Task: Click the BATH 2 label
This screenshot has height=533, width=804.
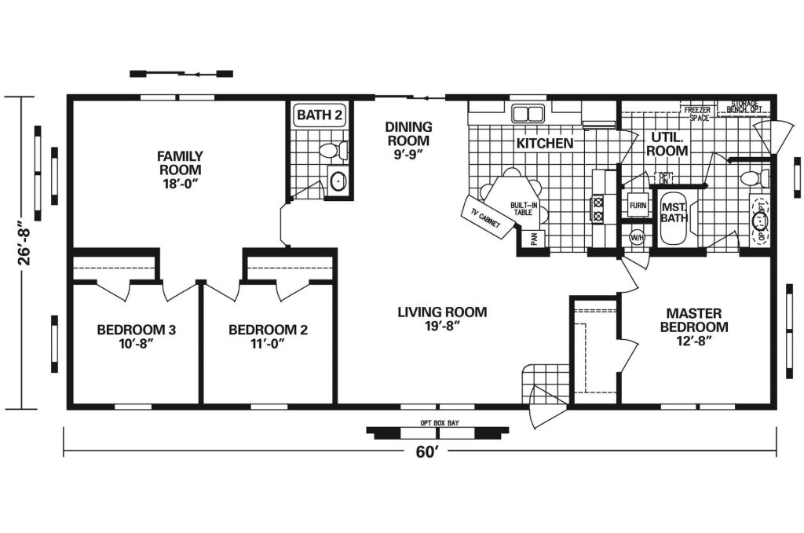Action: point(319,115)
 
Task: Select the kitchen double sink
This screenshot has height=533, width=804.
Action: point(528,113)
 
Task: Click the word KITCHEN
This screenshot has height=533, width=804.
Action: point(544,144)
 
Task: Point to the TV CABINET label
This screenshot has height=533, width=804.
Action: point(485,217)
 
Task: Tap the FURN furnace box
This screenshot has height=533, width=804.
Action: point(638,206)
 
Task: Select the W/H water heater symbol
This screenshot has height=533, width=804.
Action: point(636,236)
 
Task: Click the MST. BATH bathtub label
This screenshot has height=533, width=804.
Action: point(674,213)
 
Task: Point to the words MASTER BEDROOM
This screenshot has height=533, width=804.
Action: point(693,319)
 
